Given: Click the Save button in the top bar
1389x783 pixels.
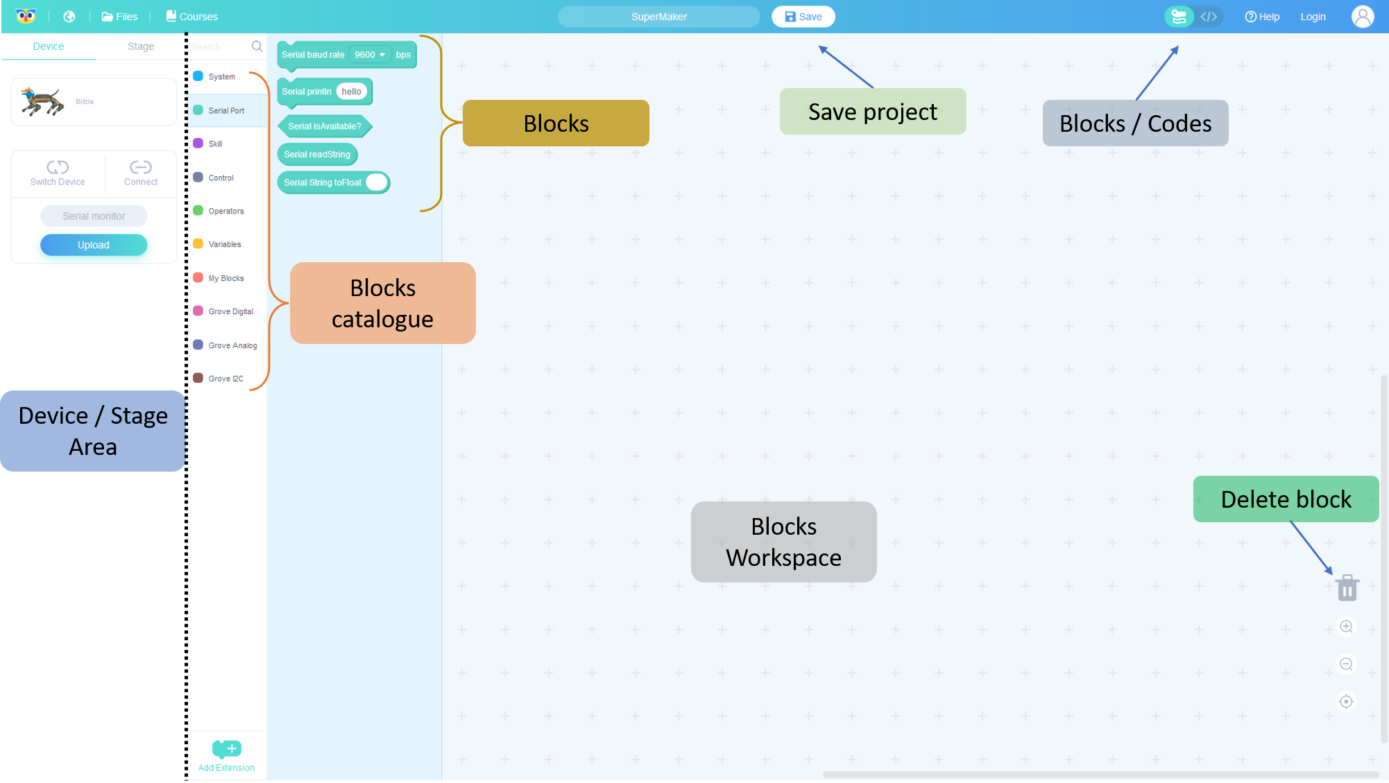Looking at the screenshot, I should [x=803, y=17].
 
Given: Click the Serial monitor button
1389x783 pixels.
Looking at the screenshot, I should [x=94, y=216].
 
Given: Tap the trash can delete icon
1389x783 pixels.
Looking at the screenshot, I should [x=1347, y=588].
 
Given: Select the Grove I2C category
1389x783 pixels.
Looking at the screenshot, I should [x=225, y=379].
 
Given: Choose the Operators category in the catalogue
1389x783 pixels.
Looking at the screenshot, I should [x=225, y=211].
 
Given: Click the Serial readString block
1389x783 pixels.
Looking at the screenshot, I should [x=317, y=155].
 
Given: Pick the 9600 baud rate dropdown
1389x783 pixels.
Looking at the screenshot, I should [x=370, y=55].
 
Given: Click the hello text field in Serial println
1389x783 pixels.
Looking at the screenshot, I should [x=351, y=92].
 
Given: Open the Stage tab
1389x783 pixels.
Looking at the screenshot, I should [x=141, y=46].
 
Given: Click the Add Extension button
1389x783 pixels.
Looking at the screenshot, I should [x=226, y=755].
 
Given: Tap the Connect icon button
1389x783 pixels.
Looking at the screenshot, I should [x=141, y=173].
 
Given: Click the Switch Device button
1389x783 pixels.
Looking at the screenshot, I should [x=58, y=173].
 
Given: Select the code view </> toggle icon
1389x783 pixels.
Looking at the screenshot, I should [x=1209, y=17].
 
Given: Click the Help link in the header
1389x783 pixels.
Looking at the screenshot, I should [x=1262, y=17].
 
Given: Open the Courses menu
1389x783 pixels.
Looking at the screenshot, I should [x=191, y=17].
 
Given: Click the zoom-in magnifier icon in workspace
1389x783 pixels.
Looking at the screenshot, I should [x=1346, y=627].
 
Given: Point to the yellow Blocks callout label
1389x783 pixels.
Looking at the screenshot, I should [x=556, y=123].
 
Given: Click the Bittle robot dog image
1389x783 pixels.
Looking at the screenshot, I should [x=42, y=101].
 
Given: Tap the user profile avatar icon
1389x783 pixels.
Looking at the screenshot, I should [x=1362, y=17].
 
